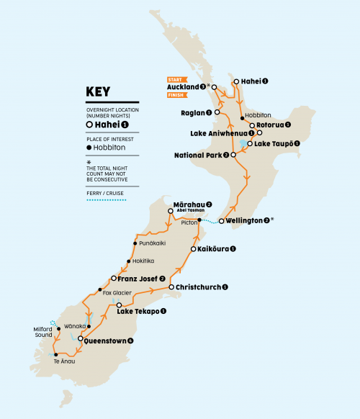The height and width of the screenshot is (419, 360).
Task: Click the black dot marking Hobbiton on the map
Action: coord(240,115)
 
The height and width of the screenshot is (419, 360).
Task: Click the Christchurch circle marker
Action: coord(170,287)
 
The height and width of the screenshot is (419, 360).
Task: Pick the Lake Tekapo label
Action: coord(143,311)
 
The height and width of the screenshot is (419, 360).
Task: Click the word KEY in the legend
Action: coord(99,91)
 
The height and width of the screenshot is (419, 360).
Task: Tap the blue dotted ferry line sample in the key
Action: coord(110,199)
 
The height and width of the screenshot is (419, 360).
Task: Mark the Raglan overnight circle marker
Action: coord(217,112)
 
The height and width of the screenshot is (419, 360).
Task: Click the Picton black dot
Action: coord(199,217)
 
